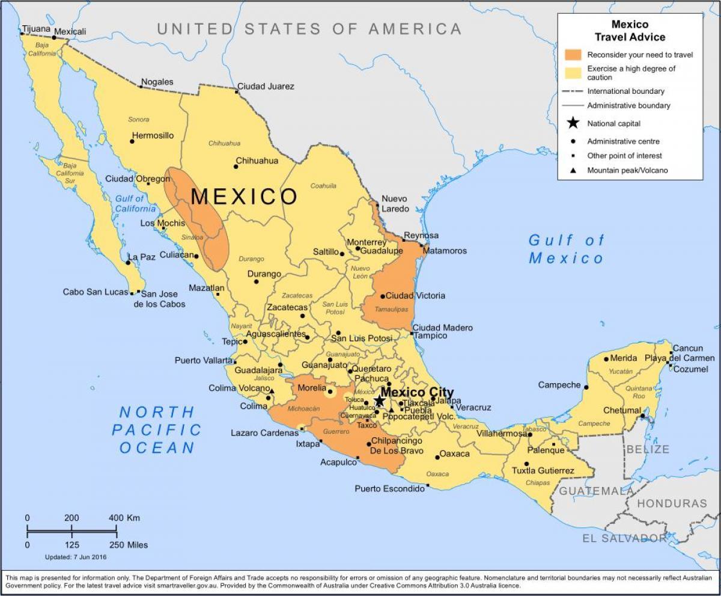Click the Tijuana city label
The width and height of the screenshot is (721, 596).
[35, 28]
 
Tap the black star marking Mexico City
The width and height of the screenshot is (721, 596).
[379, 401]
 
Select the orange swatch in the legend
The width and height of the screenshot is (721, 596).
[573, 55]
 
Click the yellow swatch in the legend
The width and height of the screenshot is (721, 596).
[573, 73]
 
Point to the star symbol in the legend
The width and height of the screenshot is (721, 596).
[573, 123]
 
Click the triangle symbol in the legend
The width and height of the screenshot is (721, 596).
[573, 170]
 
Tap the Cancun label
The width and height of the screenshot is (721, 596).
[687, 348]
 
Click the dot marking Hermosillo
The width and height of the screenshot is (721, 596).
[132, 141]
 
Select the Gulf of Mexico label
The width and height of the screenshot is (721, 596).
[566, 249]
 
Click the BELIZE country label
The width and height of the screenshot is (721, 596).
[648, 449]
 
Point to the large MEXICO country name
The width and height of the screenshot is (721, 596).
[244, 197]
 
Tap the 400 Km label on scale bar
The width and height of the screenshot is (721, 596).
[124, 518]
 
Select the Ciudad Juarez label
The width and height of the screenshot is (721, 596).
[266, 86]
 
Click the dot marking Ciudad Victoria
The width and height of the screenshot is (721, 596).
[382, 296]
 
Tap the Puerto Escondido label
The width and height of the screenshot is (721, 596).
[389, 488]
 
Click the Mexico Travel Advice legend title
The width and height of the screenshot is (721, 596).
[630, 31]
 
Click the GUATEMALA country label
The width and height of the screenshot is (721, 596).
[597, 491]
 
